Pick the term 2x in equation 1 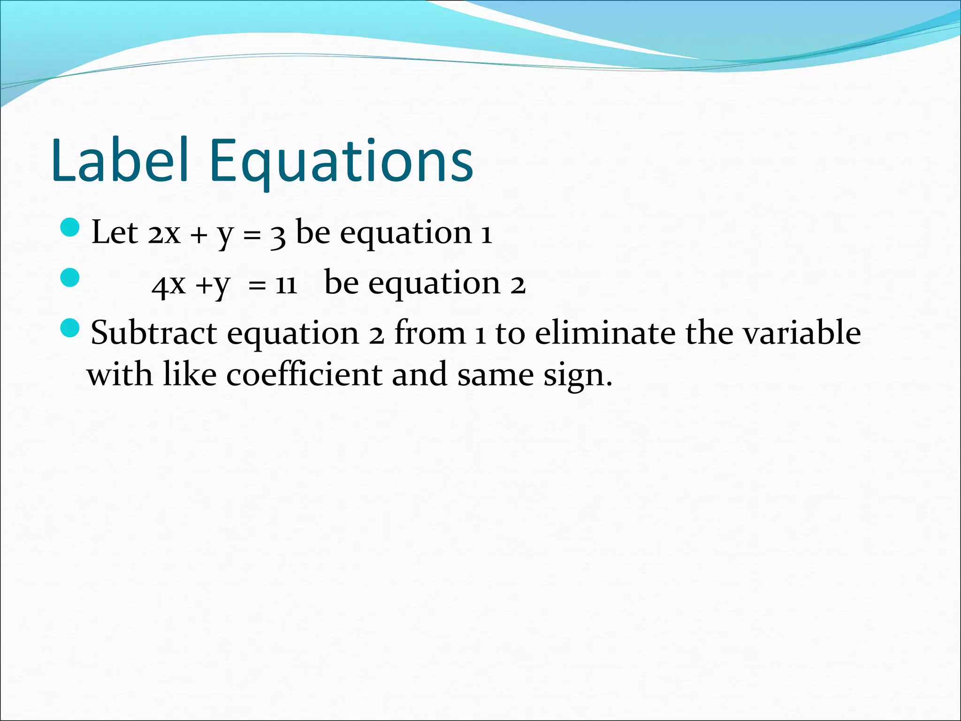pos(164,233)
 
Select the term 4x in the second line pos(168,284)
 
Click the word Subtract pos(153,333)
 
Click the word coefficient pos(304,375)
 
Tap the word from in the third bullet pos(430,333)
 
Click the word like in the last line pos(190,375)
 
